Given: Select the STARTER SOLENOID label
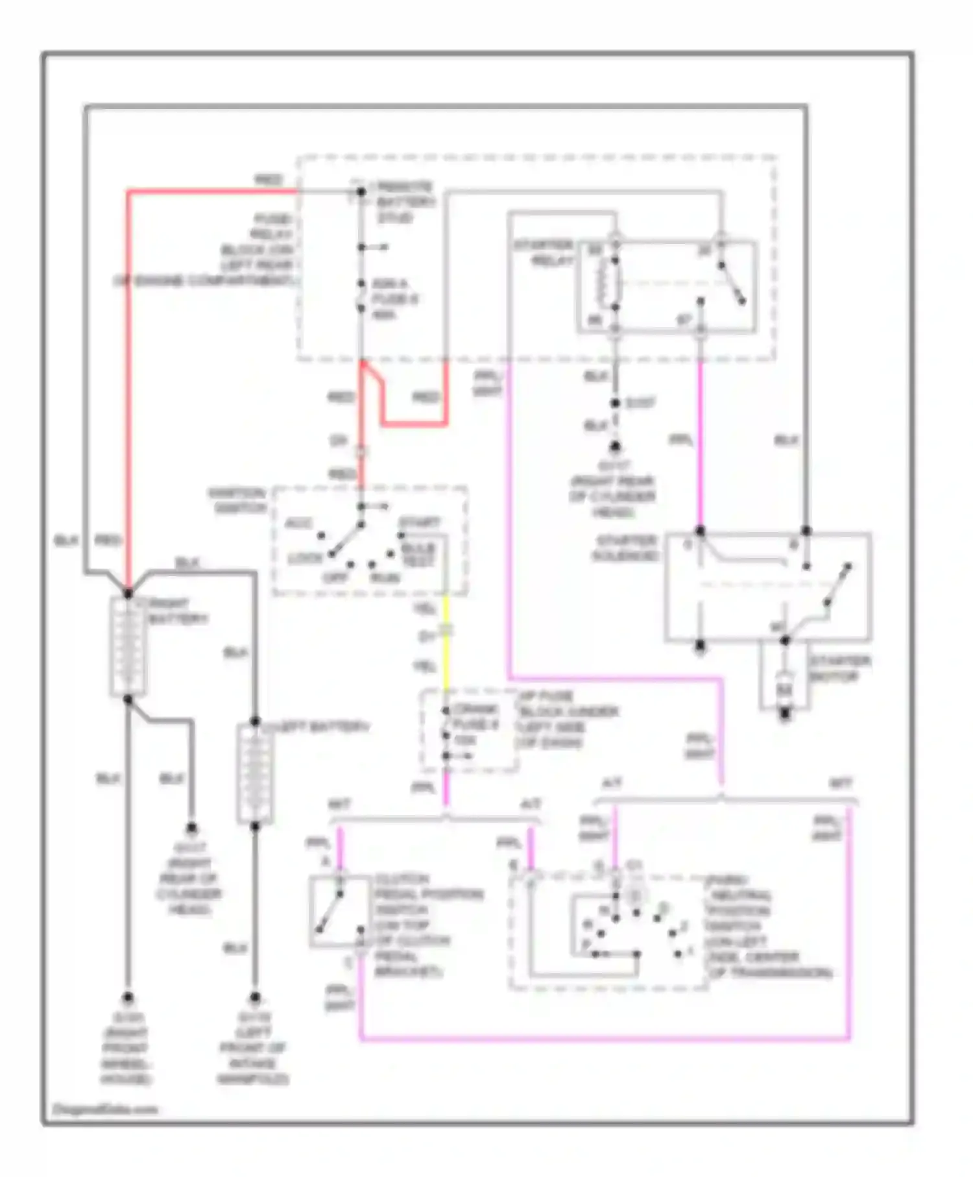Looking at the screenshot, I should (625, 548).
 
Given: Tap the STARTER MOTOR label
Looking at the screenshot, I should (840, 669).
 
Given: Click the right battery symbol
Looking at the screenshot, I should (128, 646).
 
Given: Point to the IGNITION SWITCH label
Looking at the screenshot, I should (237, 500).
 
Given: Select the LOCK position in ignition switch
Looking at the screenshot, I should (305, 559).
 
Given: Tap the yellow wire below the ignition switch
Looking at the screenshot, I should (446, 655).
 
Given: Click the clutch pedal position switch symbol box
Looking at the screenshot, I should (339, 911).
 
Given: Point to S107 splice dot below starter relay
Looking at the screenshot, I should (615, 403).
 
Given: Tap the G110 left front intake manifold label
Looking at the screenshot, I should (252, 1047).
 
